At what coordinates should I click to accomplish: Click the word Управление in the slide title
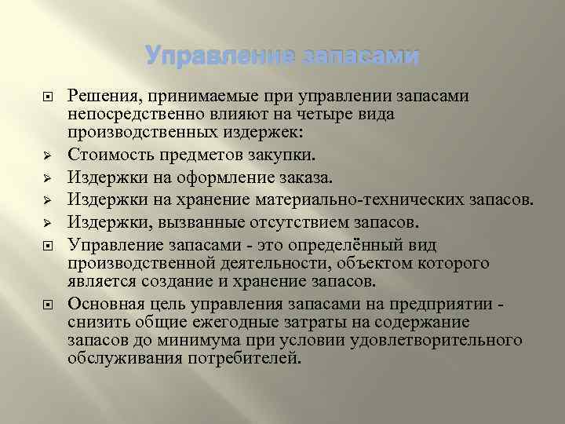coord(209,57)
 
